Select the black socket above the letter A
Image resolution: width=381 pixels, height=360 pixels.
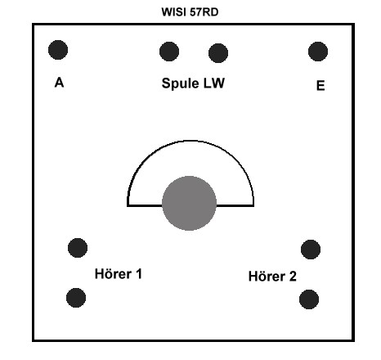[58, 50]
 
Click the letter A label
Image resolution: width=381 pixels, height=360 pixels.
[59, 83]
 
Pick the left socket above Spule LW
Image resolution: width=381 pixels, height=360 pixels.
[169, 52]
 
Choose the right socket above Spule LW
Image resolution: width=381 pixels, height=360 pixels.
[218, 53]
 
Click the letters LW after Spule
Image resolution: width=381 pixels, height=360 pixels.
[214, 83]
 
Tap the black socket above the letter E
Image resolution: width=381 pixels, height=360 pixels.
[318, 52]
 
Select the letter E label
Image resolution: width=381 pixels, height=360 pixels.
[320, 86]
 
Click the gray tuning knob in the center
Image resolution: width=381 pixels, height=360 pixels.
[190, 203]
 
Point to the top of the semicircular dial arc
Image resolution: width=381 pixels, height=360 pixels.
[190, 141]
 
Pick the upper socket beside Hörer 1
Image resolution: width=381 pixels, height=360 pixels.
[78, 248]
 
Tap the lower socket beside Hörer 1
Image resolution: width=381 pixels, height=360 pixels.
[76, 298]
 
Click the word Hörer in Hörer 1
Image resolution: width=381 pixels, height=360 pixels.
[113, 273]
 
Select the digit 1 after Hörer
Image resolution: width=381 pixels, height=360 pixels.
[139, 274]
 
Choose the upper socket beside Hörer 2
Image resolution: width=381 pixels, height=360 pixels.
[311, 250]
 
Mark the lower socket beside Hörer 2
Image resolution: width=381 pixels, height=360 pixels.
[309, 299]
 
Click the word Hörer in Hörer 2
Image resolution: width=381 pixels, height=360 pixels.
[267, 277]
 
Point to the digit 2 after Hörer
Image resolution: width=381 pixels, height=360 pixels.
[293, 277]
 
